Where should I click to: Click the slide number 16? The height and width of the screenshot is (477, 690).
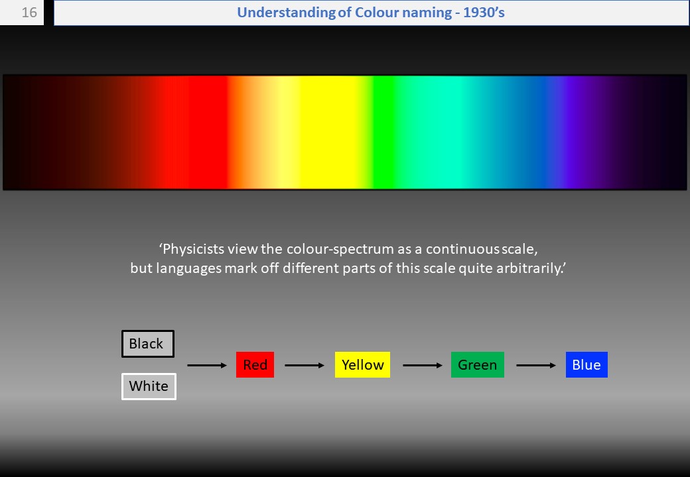pyautogui.click(x=29, y=13)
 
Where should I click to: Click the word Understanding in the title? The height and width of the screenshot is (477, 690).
pyautogui.click(x=287, y=13)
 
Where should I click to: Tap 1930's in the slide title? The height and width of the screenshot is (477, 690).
pyautogui.click(x=484, y=13)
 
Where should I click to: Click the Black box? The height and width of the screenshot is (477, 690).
pyautogui.click(x=148, y=343)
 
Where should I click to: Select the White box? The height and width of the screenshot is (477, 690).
pyautogui.click(x=149, y=386)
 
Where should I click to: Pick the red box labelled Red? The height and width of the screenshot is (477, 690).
pyautogui.click(x=255, y=364)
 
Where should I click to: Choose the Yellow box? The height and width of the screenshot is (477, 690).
pyautogui.click(x=363, y=364)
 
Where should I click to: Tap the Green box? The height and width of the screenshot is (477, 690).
pyautogui.click(x=478, y=364)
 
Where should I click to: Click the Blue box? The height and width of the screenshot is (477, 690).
pyautogui.click(x=586, y=364)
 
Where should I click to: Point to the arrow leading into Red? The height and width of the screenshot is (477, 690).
pyautogui.click(x=207, y=366)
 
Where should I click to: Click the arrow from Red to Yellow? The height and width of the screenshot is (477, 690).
pyautogui.click(x=305, y=366)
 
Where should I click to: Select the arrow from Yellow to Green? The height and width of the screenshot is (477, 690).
pyautogui.click(x=423, y=366)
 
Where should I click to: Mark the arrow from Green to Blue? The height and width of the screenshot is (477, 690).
pyautogui.click(x=536, y=366)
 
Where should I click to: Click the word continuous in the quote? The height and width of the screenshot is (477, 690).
pyautogui.click(x=462, y=250)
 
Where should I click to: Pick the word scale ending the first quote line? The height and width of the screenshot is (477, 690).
pyautogui.click(x=519, y=250)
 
